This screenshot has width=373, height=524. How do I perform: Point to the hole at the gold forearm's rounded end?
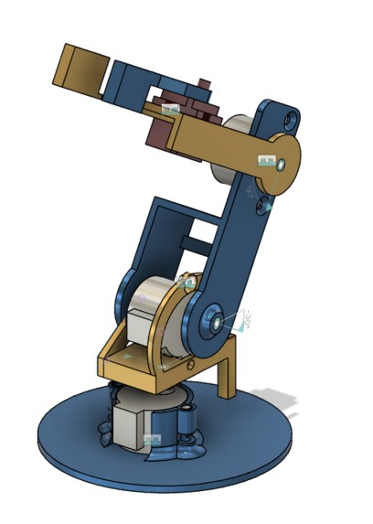coord(280,164)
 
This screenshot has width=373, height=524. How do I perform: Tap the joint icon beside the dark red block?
coord(168,109)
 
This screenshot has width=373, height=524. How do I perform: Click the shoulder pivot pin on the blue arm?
coord(214,321)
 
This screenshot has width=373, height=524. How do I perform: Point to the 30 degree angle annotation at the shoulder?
coord(243,320)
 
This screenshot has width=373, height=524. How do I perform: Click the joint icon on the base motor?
coord(151,442)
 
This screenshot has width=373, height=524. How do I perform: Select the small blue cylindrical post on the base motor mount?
coord(188,422)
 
